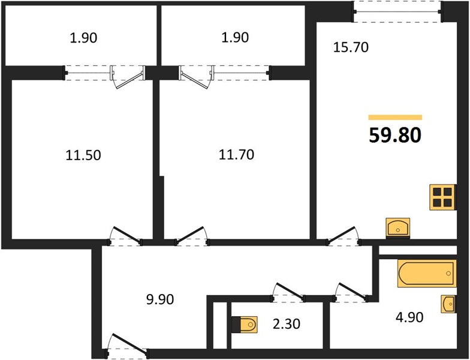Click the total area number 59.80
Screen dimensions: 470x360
coord(395,136)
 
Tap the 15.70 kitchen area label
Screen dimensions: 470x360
coord(351,47)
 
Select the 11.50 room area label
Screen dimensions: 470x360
coord(83,155)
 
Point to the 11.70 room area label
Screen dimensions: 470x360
coord(236,155)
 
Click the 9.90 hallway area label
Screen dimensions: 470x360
coord(160,299)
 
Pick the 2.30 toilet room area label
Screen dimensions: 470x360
coord(287,324)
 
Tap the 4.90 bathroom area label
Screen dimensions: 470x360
coord(409,317)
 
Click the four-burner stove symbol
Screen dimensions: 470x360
coord(443,197)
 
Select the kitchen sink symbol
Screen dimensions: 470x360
coord(398,228)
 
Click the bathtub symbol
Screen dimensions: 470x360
coord(427,274)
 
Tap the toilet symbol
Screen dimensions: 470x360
coord(245,325)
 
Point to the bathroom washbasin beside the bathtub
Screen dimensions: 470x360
coord(448,304)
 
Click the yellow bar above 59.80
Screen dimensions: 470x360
coord(396,118)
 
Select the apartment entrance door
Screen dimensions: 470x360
coord(127,345)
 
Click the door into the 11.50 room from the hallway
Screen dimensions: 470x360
coord(125,236)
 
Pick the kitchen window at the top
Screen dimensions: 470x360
coord(397,12)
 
